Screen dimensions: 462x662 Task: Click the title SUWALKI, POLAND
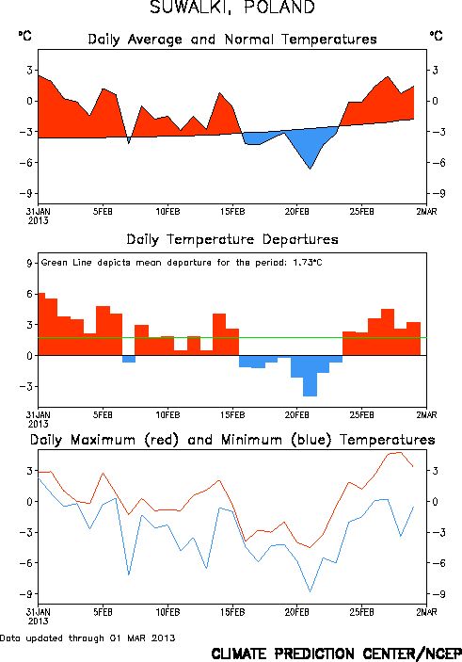pos(232,8)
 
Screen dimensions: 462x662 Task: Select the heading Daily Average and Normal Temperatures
pos(232,40)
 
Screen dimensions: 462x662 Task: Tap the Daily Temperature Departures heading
pos(232,239)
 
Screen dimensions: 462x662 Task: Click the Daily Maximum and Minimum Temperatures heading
pos(232,440)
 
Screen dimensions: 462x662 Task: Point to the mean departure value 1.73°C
pos(308,262)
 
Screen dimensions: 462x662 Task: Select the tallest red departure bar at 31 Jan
pos(41,324)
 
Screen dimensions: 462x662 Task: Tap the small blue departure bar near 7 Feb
pos(129,359)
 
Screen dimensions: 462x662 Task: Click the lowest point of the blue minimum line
pos(311,592)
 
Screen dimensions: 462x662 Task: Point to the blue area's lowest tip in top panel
pos(311,169)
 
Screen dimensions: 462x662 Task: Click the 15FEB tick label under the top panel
pos(232,211)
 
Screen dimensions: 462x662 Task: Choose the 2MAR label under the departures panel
pos(426,415)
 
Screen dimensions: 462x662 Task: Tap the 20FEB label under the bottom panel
pos(297,612)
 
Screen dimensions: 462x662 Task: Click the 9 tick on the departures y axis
pos(29,263)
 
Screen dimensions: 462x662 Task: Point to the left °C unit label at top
pos(24,36)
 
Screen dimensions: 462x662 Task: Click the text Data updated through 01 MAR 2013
pos(88,638)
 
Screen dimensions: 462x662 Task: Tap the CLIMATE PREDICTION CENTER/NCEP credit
pos(336,654)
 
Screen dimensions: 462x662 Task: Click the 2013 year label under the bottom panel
pos(38,622)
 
